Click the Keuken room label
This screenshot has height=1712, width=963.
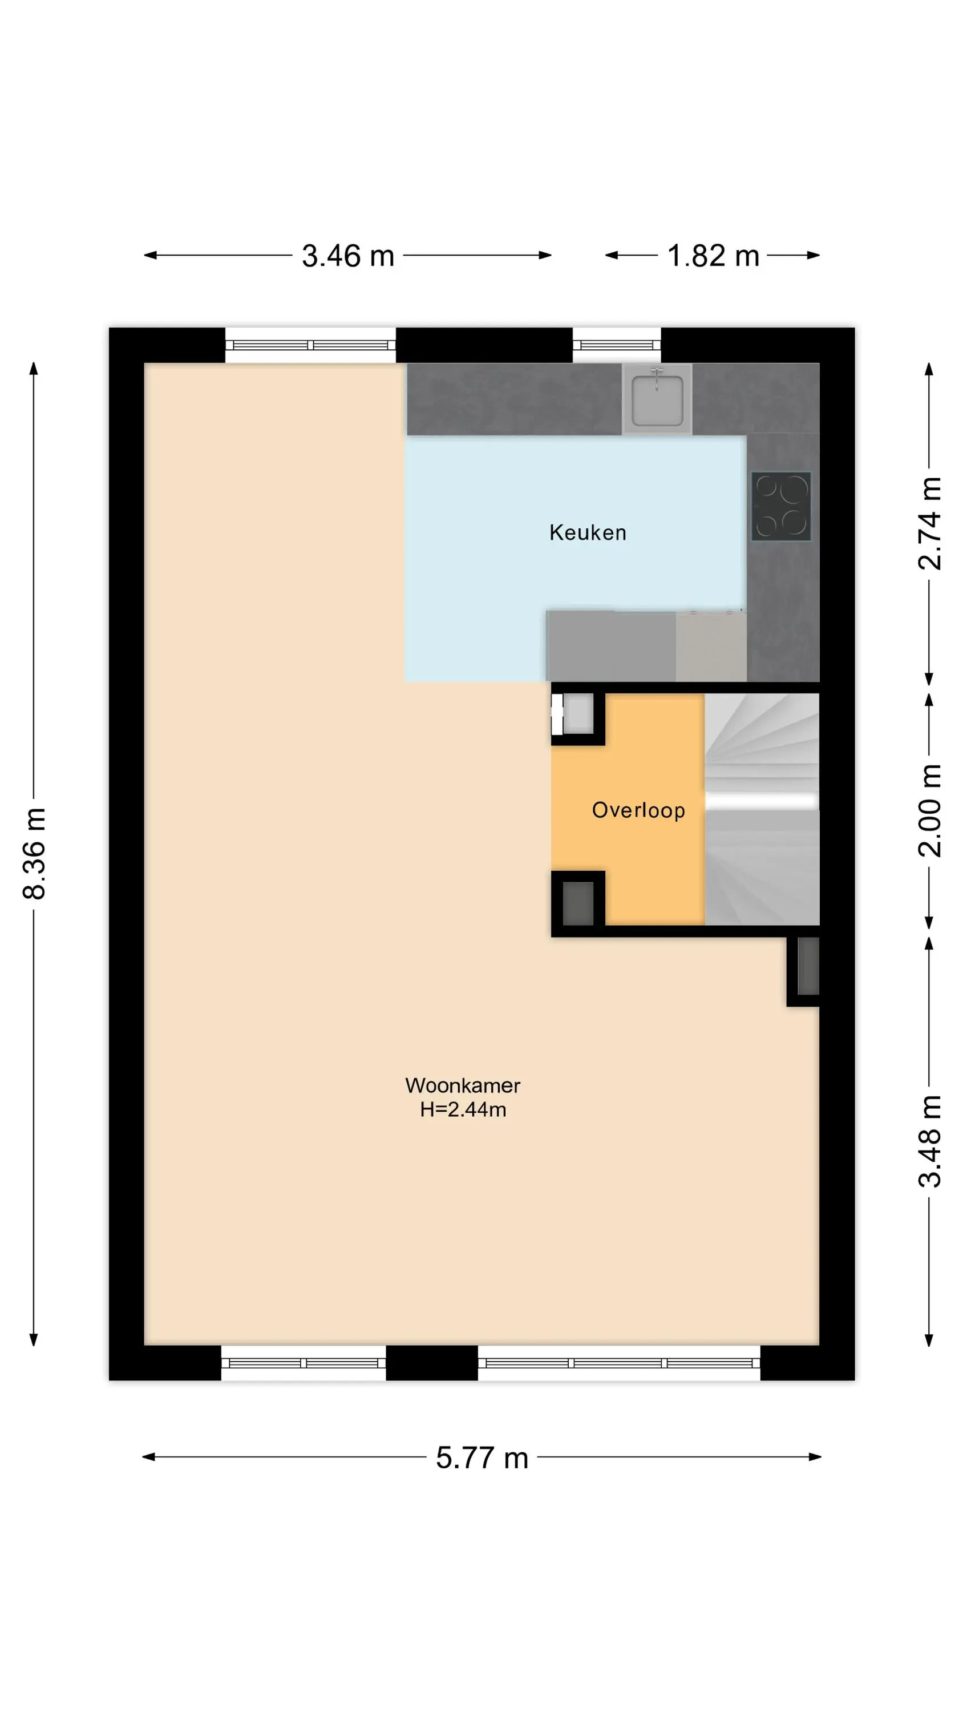[x=588, y=532]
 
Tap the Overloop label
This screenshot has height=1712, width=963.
[x=638, y=810]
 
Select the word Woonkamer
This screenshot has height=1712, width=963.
[x=463, y=1085]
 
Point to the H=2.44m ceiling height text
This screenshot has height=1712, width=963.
[x=463, y=1109]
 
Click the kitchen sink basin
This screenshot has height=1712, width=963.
[x=657, y=399]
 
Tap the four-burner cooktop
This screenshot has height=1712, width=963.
[x=781, y=506]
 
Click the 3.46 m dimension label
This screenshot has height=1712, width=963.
[x=347, y=256]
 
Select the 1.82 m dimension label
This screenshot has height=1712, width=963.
[x=713, y=256]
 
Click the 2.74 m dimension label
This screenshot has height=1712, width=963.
[x=930, y=523]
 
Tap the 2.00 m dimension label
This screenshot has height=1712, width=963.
[x=930, y=810]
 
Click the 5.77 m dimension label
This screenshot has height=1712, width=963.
[x=482, y=1457]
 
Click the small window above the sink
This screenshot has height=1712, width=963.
[x=617, y=345]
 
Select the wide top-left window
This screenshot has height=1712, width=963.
[x=310, y=345]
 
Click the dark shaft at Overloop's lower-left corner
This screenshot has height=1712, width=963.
[x=577, y=903]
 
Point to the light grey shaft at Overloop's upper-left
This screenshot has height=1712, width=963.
[x=577, y=714]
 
